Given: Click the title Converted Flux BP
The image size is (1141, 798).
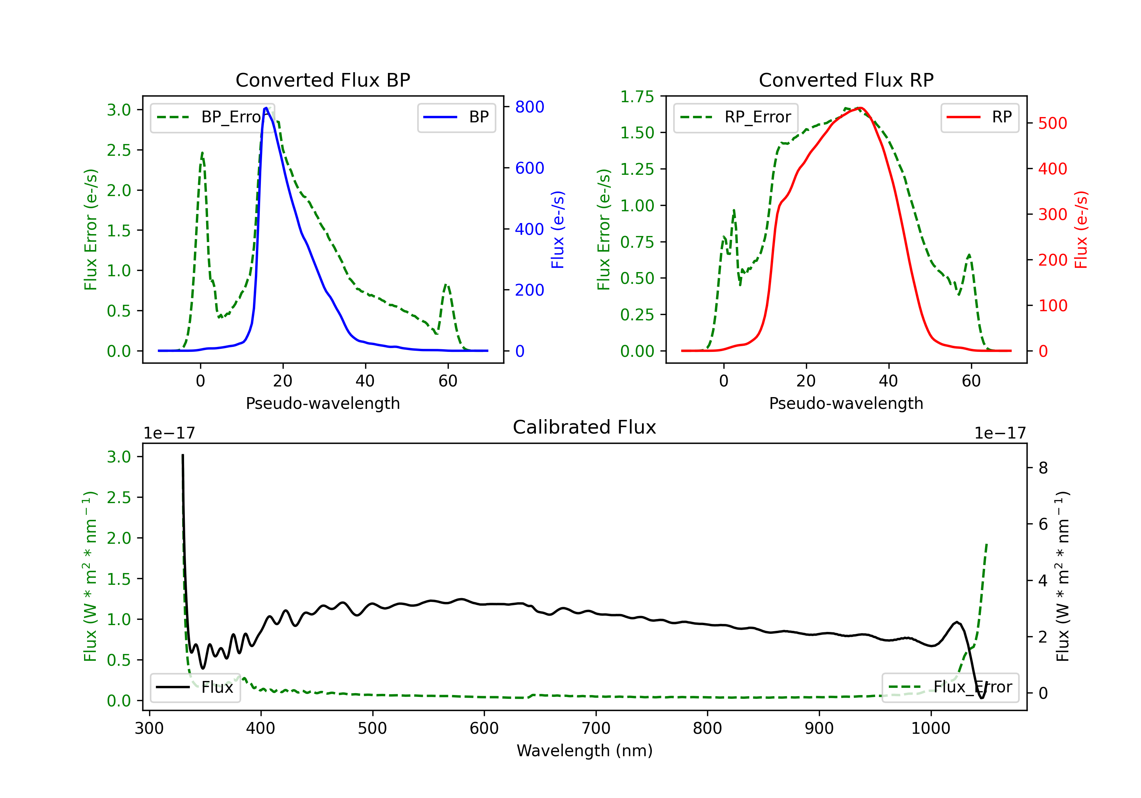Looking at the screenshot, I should pyautogui.click(x=323, y=80).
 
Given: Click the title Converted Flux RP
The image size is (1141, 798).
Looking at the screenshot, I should pyautogui.click(x=846, y=80).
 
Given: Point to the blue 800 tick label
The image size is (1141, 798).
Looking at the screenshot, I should pyautogui.click(x=529, y=107).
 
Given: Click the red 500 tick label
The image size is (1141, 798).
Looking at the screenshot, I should pyautogui.click(x=1052, y=123).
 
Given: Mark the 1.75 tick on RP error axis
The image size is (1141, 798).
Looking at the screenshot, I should pyautogui.click(x=637, y=97).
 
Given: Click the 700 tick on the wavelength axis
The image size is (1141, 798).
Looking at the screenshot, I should pyautogui.click(x=596, y=728).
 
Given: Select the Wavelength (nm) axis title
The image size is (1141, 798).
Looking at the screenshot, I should pyautogui.click(x=585, y=750).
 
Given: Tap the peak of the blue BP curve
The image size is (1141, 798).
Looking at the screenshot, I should pyautogui.click(x=266, y=108).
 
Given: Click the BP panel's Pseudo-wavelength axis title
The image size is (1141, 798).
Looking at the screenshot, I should pyautogui.click(x=323, y=403).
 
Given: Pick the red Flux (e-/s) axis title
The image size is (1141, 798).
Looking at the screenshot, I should pyautogui.click(x=1081, y=230).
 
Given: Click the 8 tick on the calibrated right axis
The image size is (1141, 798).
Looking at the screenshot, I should pyautogui.click(x=1043, y=468).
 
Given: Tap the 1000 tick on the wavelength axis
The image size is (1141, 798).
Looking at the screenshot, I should pyautogui.click(x=930, y=728).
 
